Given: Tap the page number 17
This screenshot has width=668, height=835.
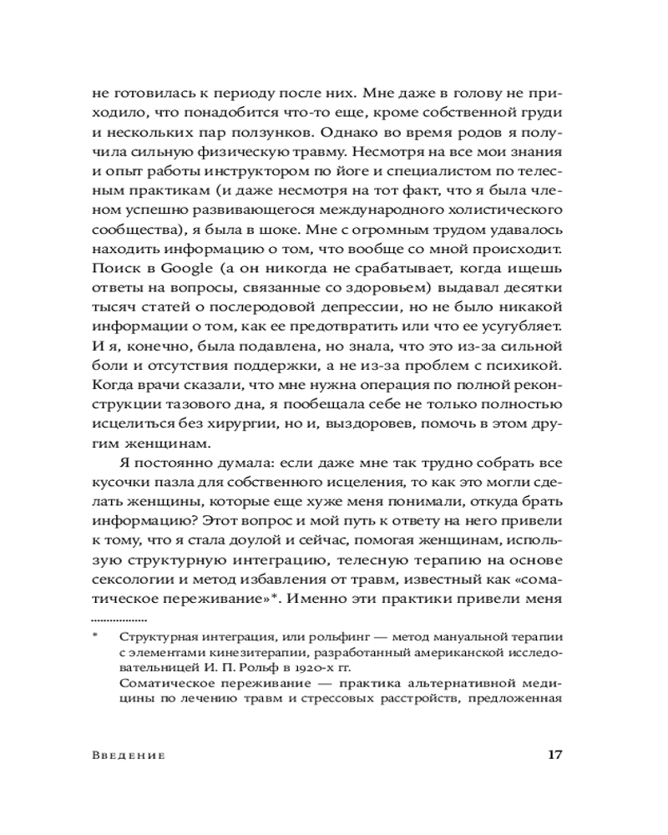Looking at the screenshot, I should pos(554,755).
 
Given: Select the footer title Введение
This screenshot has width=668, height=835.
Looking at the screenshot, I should pos(127,756).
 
